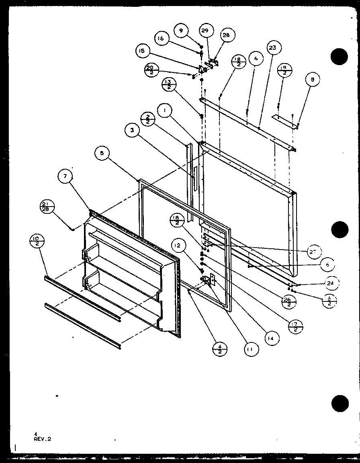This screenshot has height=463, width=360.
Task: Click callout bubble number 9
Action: tap(181, 30)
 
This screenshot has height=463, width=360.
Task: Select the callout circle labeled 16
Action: tap(161, 39)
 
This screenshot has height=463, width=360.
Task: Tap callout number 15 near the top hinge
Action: tap(142, 51)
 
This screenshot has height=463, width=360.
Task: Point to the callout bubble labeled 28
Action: tap(226, 35)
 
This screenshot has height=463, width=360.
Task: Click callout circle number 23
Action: tap(273, 48)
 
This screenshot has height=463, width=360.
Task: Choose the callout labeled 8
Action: tap(313, 80)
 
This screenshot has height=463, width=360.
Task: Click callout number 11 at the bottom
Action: tap(250, 350)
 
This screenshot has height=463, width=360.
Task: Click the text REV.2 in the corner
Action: tap(43, 439)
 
